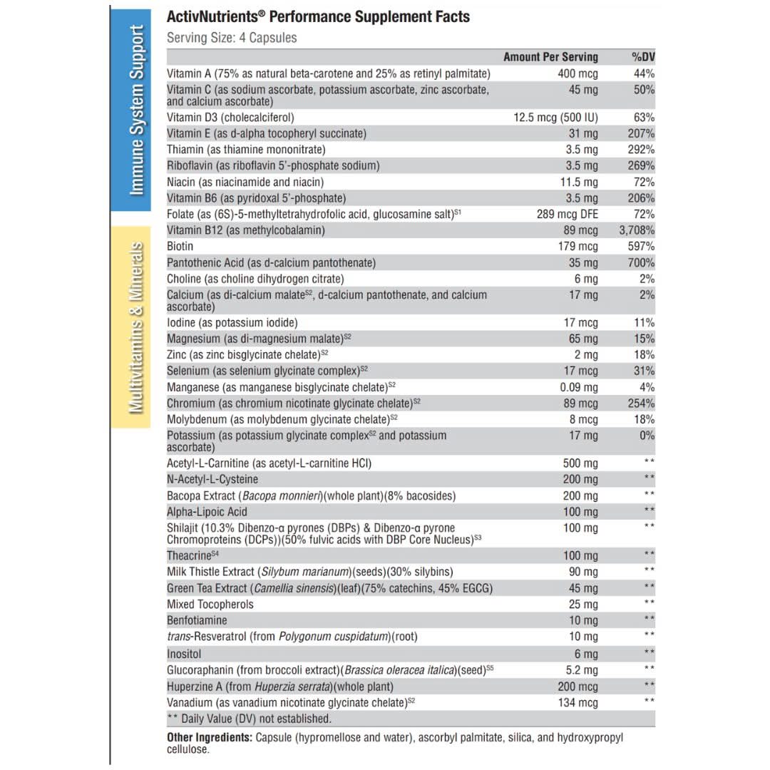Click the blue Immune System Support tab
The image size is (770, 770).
[x=131, y=111]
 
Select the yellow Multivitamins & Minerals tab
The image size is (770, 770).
[x=131, y=327]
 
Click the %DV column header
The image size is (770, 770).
[x=643, y=57]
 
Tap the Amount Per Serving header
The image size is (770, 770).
[x=550, y=57]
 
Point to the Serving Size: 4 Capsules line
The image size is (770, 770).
[x=232, y=38]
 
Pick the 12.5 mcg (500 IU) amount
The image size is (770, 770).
[x=555, y=118]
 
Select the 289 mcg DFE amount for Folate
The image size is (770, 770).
[x=568, y=214]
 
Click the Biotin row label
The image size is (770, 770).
[x=180, y=247]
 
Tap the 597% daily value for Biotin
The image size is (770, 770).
[x=642, y=247]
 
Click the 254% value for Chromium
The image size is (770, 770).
[x=642, y=404]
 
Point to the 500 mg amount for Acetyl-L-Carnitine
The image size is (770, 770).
[x=580, y=463]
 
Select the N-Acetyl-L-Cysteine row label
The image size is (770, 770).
[x=212, y=479]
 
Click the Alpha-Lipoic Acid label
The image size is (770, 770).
[x=207, y=512]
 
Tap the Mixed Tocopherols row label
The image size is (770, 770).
[x=210, y=605]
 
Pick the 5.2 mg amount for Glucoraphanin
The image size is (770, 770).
[x=581, y=670]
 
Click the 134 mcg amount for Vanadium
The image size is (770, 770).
[x=578, y=703]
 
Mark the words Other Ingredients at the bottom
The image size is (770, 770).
[x=208, y=737]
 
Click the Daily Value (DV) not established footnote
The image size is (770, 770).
[x=249, y=719]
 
